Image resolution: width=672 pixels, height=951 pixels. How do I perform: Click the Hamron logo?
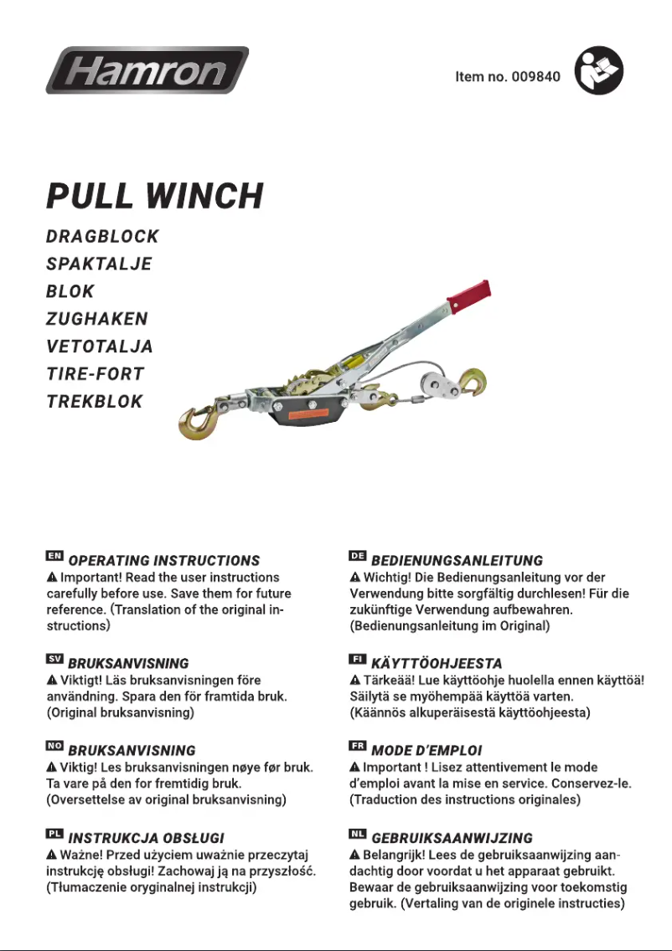(147, 69)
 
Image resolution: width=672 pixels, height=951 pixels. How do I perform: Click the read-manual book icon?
(599, 70)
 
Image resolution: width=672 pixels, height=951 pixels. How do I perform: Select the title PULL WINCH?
(154, 196)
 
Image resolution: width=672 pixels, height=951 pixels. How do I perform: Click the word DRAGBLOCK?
(102, 237)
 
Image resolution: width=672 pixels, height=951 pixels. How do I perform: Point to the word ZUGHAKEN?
(97, 319)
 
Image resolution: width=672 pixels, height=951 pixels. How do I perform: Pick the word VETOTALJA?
(100, 347)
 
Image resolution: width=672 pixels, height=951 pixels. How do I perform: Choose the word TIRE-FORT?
(96, 374)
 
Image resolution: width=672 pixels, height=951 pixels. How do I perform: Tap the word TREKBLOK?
(95, 402)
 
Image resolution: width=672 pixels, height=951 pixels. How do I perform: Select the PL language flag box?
(54, 835)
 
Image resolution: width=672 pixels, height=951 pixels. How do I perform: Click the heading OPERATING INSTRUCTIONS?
(164, 561)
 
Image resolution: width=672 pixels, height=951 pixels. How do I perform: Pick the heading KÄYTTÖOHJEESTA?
(437, 664)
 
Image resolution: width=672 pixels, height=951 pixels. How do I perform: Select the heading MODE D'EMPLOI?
(427, 751)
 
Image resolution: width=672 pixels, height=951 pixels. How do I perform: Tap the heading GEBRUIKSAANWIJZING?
(452, 838)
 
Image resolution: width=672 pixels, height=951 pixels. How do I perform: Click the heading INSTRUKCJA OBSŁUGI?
(147, 838)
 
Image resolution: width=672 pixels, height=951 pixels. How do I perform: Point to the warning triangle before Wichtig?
(355, 578)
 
